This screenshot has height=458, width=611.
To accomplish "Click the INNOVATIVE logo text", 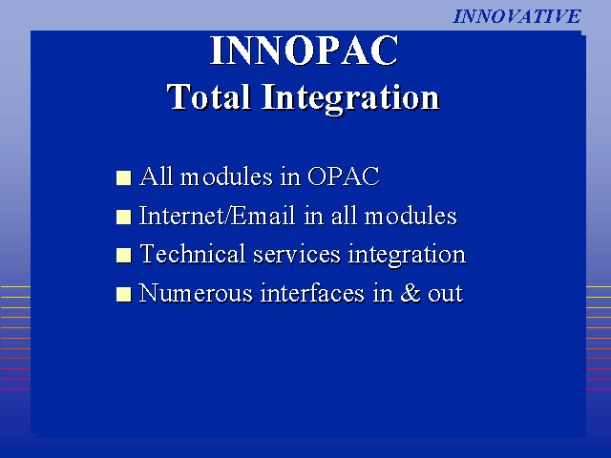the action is pos(516,16).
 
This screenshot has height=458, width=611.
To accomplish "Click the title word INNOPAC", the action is pos(305,51).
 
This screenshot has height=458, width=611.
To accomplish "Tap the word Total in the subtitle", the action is pos(208,96).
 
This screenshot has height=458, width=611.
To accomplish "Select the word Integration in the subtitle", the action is pos(350,98).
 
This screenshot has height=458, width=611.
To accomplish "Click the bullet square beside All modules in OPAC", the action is pos(123,177).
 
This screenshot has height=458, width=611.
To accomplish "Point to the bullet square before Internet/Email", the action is pos(123,217).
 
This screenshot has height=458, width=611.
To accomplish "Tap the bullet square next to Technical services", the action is pos(123,256).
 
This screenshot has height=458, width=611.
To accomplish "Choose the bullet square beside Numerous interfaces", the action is pos(123,295).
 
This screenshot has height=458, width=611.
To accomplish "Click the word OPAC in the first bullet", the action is pos(344,177).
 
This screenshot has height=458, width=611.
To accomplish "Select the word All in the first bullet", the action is pos(157,177).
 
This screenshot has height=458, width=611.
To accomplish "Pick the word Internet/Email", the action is pos(217,216).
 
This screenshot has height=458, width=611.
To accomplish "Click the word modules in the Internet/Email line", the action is pos(411,216).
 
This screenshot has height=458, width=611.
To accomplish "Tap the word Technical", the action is pos(193,254).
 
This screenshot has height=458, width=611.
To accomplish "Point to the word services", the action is pos(297,255).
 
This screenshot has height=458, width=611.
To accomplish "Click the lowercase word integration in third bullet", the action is pos(407,256).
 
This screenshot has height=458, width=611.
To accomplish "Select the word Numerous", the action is pos(196,293).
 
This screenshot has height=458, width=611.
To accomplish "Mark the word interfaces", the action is pos(312,293).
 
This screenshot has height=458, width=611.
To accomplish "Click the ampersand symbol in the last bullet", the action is pos(411,293).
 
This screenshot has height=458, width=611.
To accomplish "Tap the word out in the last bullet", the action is pos(446,294).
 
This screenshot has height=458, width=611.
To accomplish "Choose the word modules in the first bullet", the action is pos(226,177).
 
